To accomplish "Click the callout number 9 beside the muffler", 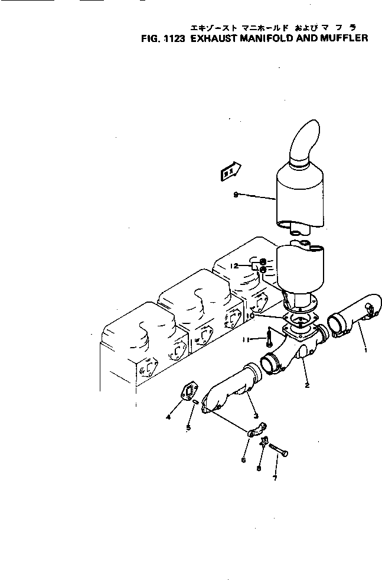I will (x=236, y=196).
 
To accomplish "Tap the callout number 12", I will (x=234, y=266).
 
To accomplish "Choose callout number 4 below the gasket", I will (x=169, y=417).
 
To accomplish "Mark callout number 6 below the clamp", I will (x=244, y=459).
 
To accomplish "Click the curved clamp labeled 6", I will (x=257, y=430).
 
